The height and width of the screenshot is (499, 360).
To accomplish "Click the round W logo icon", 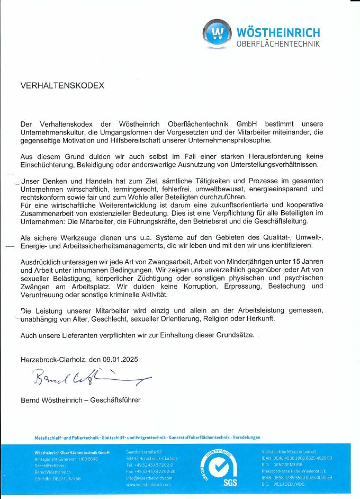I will pos(217,34).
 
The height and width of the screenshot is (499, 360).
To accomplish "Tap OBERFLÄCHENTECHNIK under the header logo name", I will pos(277,44).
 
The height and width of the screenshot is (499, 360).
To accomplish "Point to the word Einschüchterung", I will pos(46,165).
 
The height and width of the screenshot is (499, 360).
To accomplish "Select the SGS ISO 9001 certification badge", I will pos(215,468).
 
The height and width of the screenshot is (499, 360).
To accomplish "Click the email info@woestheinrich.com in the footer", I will pos(149,477).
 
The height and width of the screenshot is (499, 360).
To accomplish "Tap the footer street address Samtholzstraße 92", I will pos(143,452).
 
